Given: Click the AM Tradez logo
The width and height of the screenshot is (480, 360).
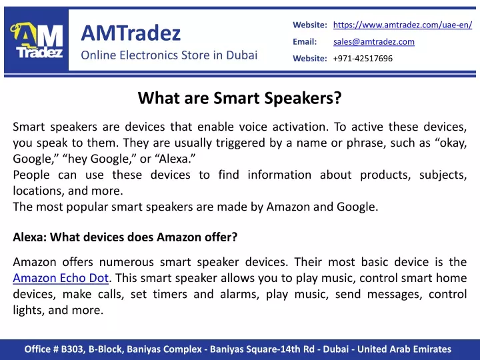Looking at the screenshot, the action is [37, 40].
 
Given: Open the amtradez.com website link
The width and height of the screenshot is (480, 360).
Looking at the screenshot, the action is [403, 25].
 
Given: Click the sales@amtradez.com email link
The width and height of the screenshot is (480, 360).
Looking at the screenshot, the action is [374, 41].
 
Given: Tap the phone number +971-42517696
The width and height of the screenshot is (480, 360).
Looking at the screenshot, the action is [363, 59].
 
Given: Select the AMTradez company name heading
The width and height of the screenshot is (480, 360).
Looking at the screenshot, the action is [131, 33].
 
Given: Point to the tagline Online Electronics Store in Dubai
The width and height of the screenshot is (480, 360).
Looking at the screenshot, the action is [169, 55].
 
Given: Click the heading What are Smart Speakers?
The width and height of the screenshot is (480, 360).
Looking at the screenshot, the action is [240, 98].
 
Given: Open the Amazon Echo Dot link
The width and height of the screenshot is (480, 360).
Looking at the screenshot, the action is [61, 278].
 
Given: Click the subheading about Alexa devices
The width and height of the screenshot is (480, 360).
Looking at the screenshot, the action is [125, 237].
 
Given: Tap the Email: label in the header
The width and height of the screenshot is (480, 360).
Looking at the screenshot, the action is [305, 41].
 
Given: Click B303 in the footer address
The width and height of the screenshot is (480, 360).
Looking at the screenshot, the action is [72, 349].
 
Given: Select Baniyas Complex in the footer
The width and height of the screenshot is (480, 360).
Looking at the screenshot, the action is [165, 349].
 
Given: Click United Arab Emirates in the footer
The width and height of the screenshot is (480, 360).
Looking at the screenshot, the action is [404, 349].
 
